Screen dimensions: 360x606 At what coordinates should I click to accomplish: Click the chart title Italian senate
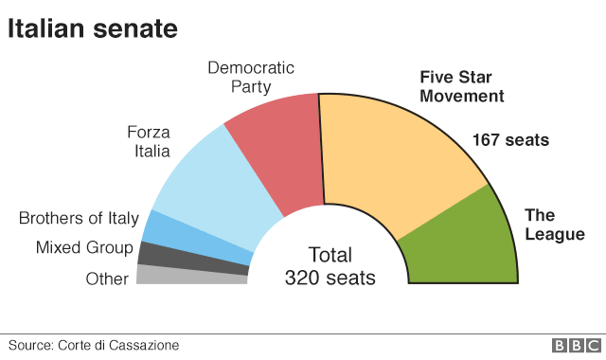(93, 28)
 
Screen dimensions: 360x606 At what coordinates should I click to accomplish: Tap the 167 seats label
(510, 141)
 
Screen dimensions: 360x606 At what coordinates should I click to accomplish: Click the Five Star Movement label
(462, 86)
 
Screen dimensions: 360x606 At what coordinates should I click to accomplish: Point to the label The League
(554, 225)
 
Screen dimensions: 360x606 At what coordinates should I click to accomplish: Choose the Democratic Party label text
(251, 77)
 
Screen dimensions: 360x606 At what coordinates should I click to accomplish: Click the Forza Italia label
(148, 141)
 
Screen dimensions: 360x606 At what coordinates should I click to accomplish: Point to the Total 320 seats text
(330, 266)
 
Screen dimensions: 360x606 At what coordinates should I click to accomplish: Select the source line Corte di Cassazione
(93, 346)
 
